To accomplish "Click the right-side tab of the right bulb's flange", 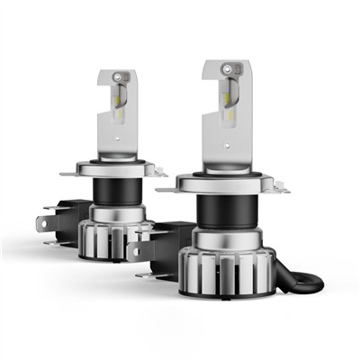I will tap(283, 189).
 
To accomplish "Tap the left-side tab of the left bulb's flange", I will tap(65, 174).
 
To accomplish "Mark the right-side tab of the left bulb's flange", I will tap(162, 171).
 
